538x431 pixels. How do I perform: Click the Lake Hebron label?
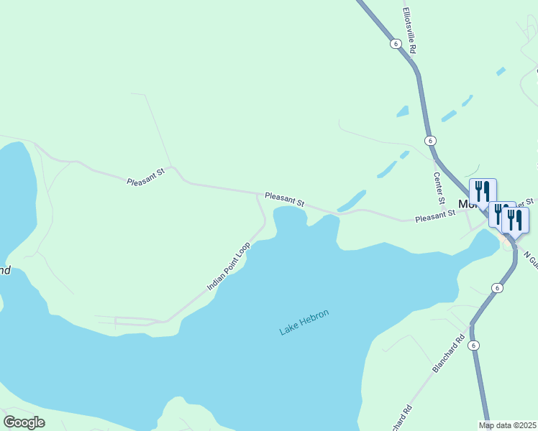(304, 323)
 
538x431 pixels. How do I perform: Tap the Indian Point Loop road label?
(229, 266)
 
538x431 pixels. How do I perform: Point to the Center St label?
(438, 186)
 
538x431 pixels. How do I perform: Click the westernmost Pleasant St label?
(146, 177)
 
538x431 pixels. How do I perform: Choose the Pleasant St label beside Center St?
(435, 214)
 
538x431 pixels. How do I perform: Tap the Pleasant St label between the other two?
(284, 199)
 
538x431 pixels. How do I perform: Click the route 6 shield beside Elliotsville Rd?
(396, 44)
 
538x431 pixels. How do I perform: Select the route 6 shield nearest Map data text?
(473, 346)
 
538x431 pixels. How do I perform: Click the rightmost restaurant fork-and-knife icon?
(515, 219)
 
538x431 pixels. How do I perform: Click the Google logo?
(24, 422)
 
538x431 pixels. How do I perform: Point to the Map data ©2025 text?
(507, 425)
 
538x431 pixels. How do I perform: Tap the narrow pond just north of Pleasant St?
(352, 200)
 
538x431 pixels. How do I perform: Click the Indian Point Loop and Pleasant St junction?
(257, 193)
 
